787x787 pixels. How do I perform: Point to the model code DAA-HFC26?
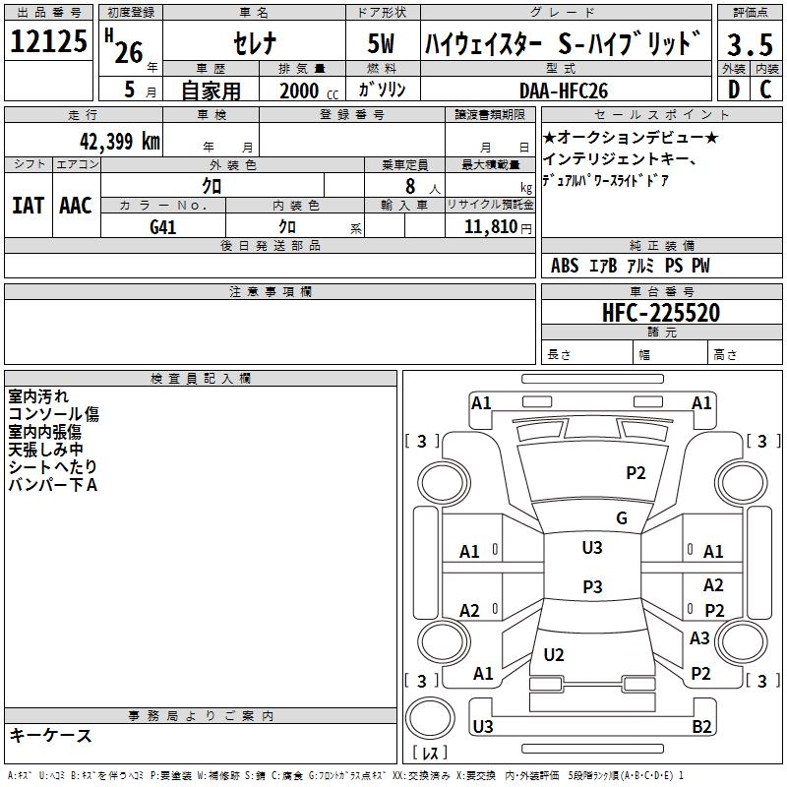563,90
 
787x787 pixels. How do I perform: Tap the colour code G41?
162,227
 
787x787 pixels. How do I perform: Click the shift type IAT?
28,206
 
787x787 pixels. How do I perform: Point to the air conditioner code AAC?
76,206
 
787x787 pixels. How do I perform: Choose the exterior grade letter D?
733,90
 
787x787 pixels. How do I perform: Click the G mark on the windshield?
622,518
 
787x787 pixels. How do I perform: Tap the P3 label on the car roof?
592,587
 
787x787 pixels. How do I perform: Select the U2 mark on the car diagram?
554,655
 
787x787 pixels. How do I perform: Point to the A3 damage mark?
699,638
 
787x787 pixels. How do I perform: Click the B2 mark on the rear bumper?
701,727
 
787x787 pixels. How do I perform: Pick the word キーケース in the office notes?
50,736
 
